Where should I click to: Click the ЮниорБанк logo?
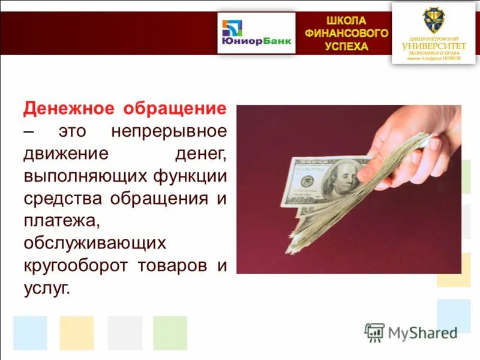point(256,34)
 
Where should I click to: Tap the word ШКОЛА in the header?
point(346,20)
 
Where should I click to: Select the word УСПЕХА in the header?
point(346,47)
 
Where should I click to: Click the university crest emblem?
point(433,20)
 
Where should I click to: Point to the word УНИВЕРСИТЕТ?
point(434,46)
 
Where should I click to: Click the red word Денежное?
point(67,109)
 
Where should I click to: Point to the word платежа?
point(61,221)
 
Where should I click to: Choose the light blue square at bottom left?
point(29,333)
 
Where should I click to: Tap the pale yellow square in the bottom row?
point(76,333)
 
